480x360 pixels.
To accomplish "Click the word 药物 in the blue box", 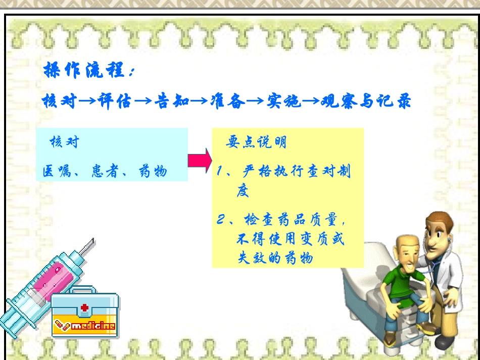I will (x=152, y=172).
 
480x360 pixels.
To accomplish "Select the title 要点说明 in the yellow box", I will (x=256, y=142).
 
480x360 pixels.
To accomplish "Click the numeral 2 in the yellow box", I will (x=221, y=220).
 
